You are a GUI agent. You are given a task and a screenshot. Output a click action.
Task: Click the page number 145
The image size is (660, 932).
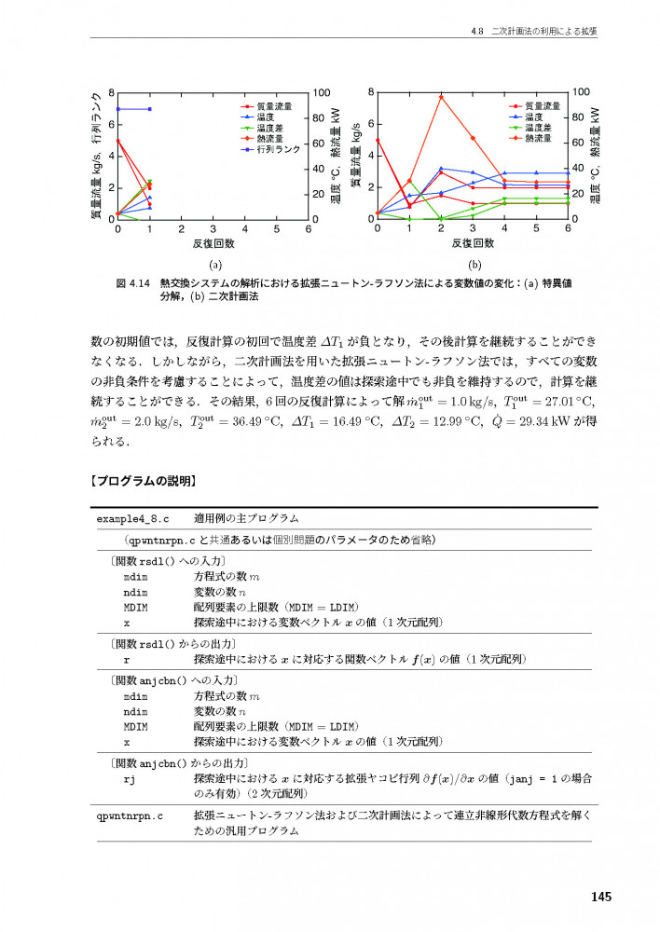tap(600, 897)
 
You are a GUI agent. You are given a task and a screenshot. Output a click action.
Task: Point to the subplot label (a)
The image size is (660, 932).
tap(214, 264)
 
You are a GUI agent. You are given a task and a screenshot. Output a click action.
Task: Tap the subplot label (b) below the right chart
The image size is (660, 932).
tap(473, 264)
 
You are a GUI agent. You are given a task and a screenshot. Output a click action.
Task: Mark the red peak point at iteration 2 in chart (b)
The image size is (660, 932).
tap(441, 97)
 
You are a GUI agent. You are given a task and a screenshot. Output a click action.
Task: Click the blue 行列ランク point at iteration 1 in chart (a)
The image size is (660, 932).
tap(150, 109)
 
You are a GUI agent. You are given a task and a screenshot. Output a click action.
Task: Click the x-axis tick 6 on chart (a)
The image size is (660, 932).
tap(309, 229)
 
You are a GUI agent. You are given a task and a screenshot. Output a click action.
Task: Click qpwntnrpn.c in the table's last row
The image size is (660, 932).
tap(131, 815)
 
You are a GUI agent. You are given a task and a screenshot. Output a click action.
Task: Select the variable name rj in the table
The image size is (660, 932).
tap(130, 777)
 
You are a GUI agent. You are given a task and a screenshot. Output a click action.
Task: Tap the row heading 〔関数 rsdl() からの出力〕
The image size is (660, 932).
tap(171, 644)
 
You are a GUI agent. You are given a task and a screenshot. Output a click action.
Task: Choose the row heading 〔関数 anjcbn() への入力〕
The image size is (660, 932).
tap(174, 681)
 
